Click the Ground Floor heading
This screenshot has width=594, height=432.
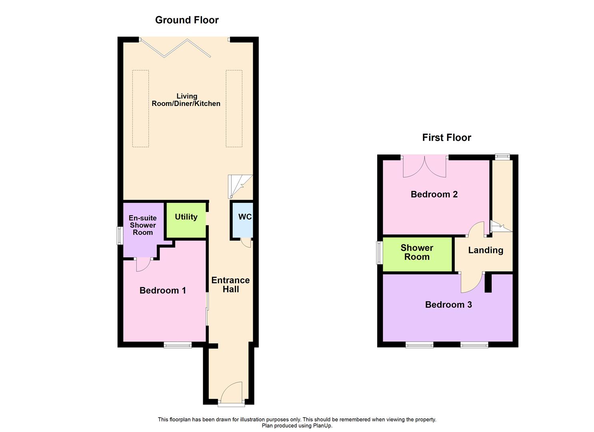187,20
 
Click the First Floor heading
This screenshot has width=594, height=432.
446,138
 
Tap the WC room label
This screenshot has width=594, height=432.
245,217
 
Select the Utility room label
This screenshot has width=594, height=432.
186,217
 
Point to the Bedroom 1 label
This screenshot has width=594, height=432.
162,290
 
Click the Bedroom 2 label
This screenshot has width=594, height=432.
434,194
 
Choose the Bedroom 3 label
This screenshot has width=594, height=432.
448,305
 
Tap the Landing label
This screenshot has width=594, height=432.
486,250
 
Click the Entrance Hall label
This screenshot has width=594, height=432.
230,285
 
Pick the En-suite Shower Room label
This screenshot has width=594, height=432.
143,225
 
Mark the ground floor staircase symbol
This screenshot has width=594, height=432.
240,186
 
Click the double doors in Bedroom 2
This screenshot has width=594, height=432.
424,167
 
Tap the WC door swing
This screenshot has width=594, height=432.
246,242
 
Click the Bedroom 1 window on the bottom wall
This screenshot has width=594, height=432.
178,345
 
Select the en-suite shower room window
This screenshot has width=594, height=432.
119,236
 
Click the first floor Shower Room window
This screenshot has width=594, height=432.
379,253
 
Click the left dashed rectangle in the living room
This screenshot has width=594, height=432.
140,109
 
